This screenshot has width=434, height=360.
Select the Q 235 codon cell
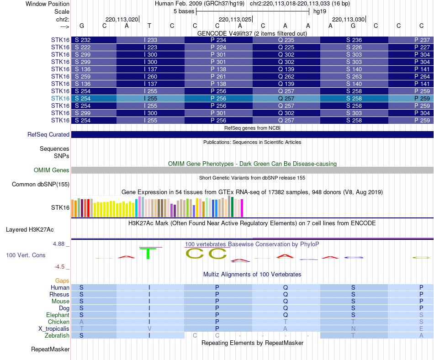tap(286, 40)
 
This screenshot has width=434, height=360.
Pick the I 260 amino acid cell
tap(150, 76)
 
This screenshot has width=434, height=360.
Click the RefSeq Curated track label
tap(48, 135)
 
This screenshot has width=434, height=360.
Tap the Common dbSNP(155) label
tap(41, 185)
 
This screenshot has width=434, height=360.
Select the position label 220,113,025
tap(235, 20)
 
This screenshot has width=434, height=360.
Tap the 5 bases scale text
tap(184, 11)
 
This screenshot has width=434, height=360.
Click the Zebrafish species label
tap(58, 335)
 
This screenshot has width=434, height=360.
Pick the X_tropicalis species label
tap(54, 328)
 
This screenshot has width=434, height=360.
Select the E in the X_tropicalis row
tap(421, 328)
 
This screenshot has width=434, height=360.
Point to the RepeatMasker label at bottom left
tap(50, 349)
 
